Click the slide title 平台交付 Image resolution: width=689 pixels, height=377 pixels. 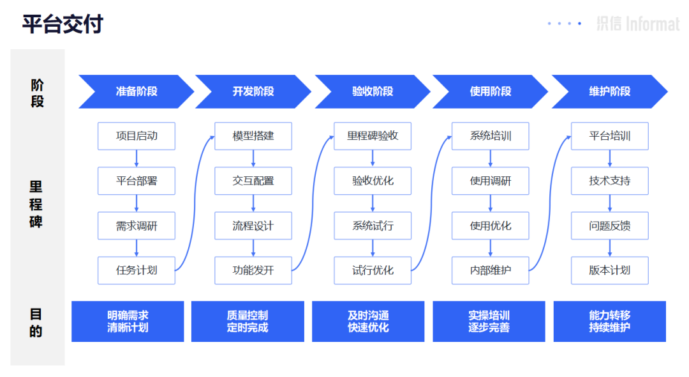63,24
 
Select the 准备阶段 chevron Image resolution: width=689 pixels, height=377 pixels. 136,91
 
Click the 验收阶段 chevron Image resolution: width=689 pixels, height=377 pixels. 373,91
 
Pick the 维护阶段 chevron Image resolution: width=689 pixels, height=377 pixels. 609,91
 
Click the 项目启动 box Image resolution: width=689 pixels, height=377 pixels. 137,136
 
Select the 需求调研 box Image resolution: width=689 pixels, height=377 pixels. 137,226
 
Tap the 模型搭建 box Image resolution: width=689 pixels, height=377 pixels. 253,136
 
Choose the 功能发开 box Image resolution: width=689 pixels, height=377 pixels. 253,270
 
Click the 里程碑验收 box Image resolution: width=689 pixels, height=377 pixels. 373,136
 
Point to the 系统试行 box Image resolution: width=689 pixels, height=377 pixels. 373,226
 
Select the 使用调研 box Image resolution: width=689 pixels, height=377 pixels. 491,181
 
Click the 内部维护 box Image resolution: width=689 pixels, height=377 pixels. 491,270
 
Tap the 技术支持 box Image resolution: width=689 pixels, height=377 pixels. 609,181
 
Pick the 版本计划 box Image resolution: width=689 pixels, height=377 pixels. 609,270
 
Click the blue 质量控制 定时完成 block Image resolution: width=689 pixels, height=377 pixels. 248,321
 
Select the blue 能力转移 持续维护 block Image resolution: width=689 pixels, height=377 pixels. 609,321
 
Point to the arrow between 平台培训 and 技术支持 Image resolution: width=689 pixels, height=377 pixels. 610,158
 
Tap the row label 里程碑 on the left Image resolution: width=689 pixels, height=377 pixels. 36,204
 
